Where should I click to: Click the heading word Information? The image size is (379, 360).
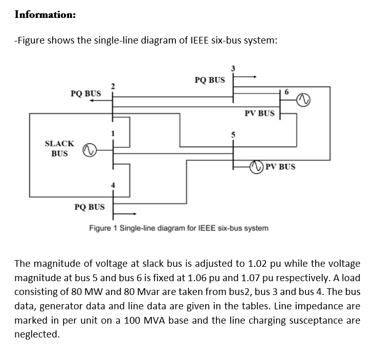click(45, 14)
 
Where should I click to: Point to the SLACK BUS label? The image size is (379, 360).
click(59, 149)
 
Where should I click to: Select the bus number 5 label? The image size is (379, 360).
click(233, 135)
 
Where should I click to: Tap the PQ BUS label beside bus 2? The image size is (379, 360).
click(85, 93)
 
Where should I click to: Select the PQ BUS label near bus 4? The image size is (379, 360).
click(90, 207)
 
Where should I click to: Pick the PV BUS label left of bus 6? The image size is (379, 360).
click(259, 113)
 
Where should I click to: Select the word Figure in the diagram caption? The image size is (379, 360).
click(101, 227)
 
